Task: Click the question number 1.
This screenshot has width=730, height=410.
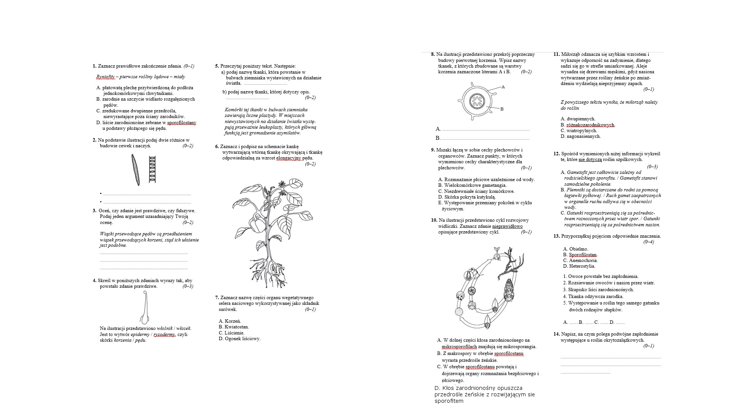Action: point(94,66)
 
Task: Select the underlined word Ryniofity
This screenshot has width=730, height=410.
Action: point(105,77)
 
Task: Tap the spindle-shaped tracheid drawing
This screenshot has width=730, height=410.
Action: point(135,170)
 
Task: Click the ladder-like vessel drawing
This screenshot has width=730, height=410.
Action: point(152,169)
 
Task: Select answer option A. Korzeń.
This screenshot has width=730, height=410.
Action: point(230,321)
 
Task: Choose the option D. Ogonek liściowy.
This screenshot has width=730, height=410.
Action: point(240,339)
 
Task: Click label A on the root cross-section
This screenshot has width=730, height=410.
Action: point(503,87)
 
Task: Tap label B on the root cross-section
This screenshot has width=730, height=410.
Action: point(502,109)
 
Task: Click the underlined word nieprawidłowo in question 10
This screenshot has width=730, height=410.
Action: point(507,226)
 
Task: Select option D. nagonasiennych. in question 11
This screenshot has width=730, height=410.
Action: point(581,136)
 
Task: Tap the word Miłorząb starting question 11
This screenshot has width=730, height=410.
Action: point(570,54)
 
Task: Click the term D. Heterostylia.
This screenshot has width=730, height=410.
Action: point(579,266)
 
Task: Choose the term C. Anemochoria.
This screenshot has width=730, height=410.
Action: point(580,260)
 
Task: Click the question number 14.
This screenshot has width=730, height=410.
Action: point(557,334)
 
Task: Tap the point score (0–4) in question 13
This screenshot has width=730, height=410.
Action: point(649,242)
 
